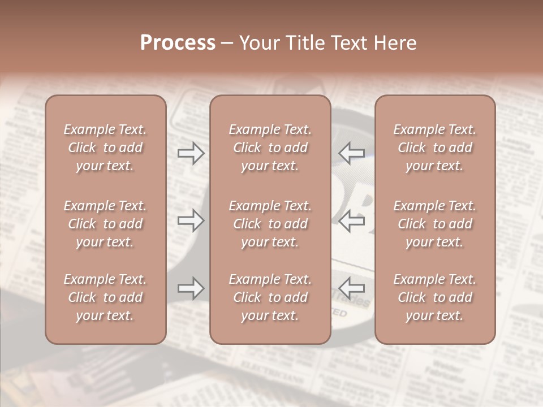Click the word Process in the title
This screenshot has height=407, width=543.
pyautogui.click(x=178, y=43)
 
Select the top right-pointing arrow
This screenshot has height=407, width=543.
pyautogui.click(x=191, y=153)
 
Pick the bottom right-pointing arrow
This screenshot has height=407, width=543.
pyautogui.click(x=191, y=288)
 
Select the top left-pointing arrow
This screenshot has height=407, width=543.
pyautogui.click(x=352, y=153)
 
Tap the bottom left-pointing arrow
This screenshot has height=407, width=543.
pyautogui.click(x=352, y=288)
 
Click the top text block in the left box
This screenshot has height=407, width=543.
pyautogui.click(x=105, y=148)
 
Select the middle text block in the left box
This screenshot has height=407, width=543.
pyautogui.click(x=105, y=224)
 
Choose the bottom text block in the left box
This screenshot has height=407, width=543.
pyautogui.click(x=105, y=297)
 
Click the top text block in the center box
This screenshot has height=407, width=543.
pyautogui.click(x=270, y=148)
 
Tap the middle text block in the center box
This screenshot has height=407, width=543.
pyautogui.click(x=270, y=224)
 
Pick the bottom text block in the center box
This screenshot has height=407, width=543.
pyautogui.click(x=270, y=297)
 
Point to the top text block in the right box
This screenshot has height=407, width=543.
pyautogui.click(x=434, y=148)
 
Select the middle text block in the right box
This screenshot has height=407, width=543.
pyautogui.click(x=434, y=224)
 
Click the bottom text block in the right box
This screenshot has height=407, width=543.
pyautogui.click(x=434, y=297)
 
